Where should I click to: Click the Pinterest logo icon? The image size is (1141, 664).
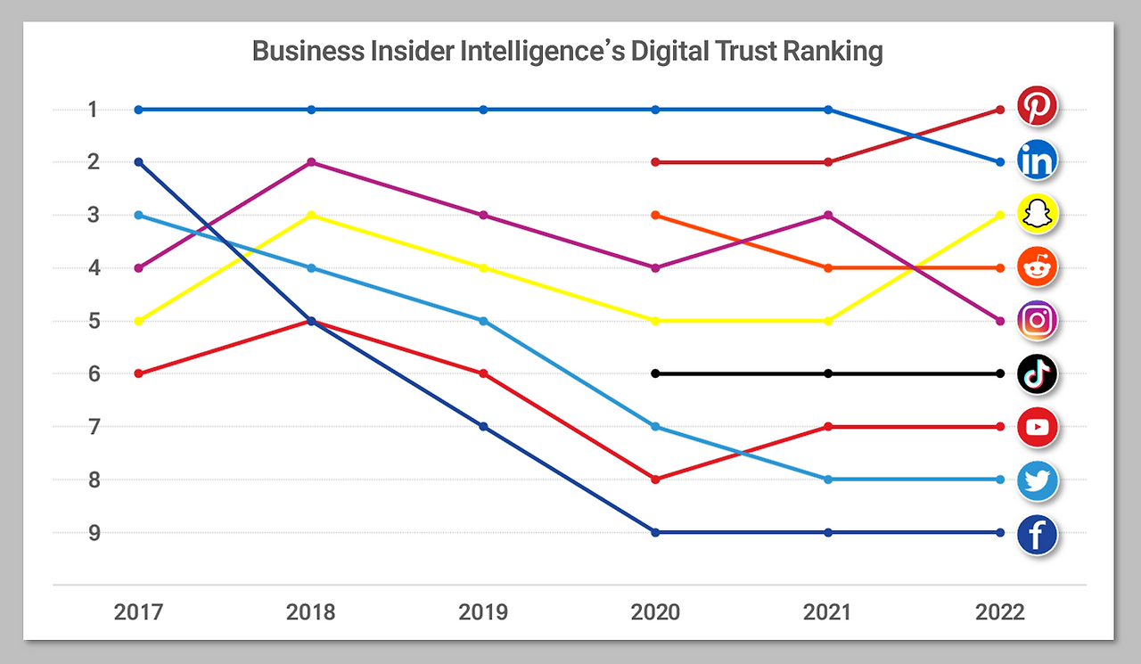[x=1038, y=106]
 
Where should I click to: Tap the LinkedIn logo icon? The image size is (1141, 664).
[x=1038, y=160]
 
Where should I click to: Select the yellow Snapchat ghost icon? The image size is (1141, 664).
[x=1038, y=214]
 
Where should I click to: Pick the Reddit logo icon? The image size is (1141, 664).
[x=1038, y=266]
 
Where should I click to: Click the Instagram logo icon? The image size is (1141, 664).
[x=1038, y=320]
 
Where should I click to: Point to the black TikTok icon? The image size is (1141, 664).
[x=1038, y=373]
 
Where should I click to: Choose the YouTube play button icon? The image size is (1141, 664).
[x=1038, y=427]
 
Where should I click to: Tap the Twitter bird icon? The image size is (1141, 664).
[x=1038, y=480]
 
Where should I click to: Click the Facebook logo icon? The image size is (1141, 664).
[x=1038, y=535]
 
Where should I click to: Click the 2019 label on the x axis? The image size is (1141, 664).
[x=483, y=612]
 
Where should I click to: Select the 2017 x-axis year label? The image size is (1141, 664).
[x=139, y=612]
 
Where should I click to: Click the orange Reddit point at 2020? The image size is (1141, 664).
[x=656, y=215]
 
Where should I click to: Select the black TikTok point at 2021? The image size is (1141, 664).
[x=828, y=373]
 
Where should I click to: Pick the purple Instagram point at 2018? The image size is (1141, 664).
[x=311, y=162]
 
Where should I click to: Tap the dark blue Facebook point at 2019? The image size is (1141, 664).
[x=483, y=427]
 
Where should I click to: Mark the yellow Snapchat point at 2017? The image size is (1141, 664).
[x=139, y=321]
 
